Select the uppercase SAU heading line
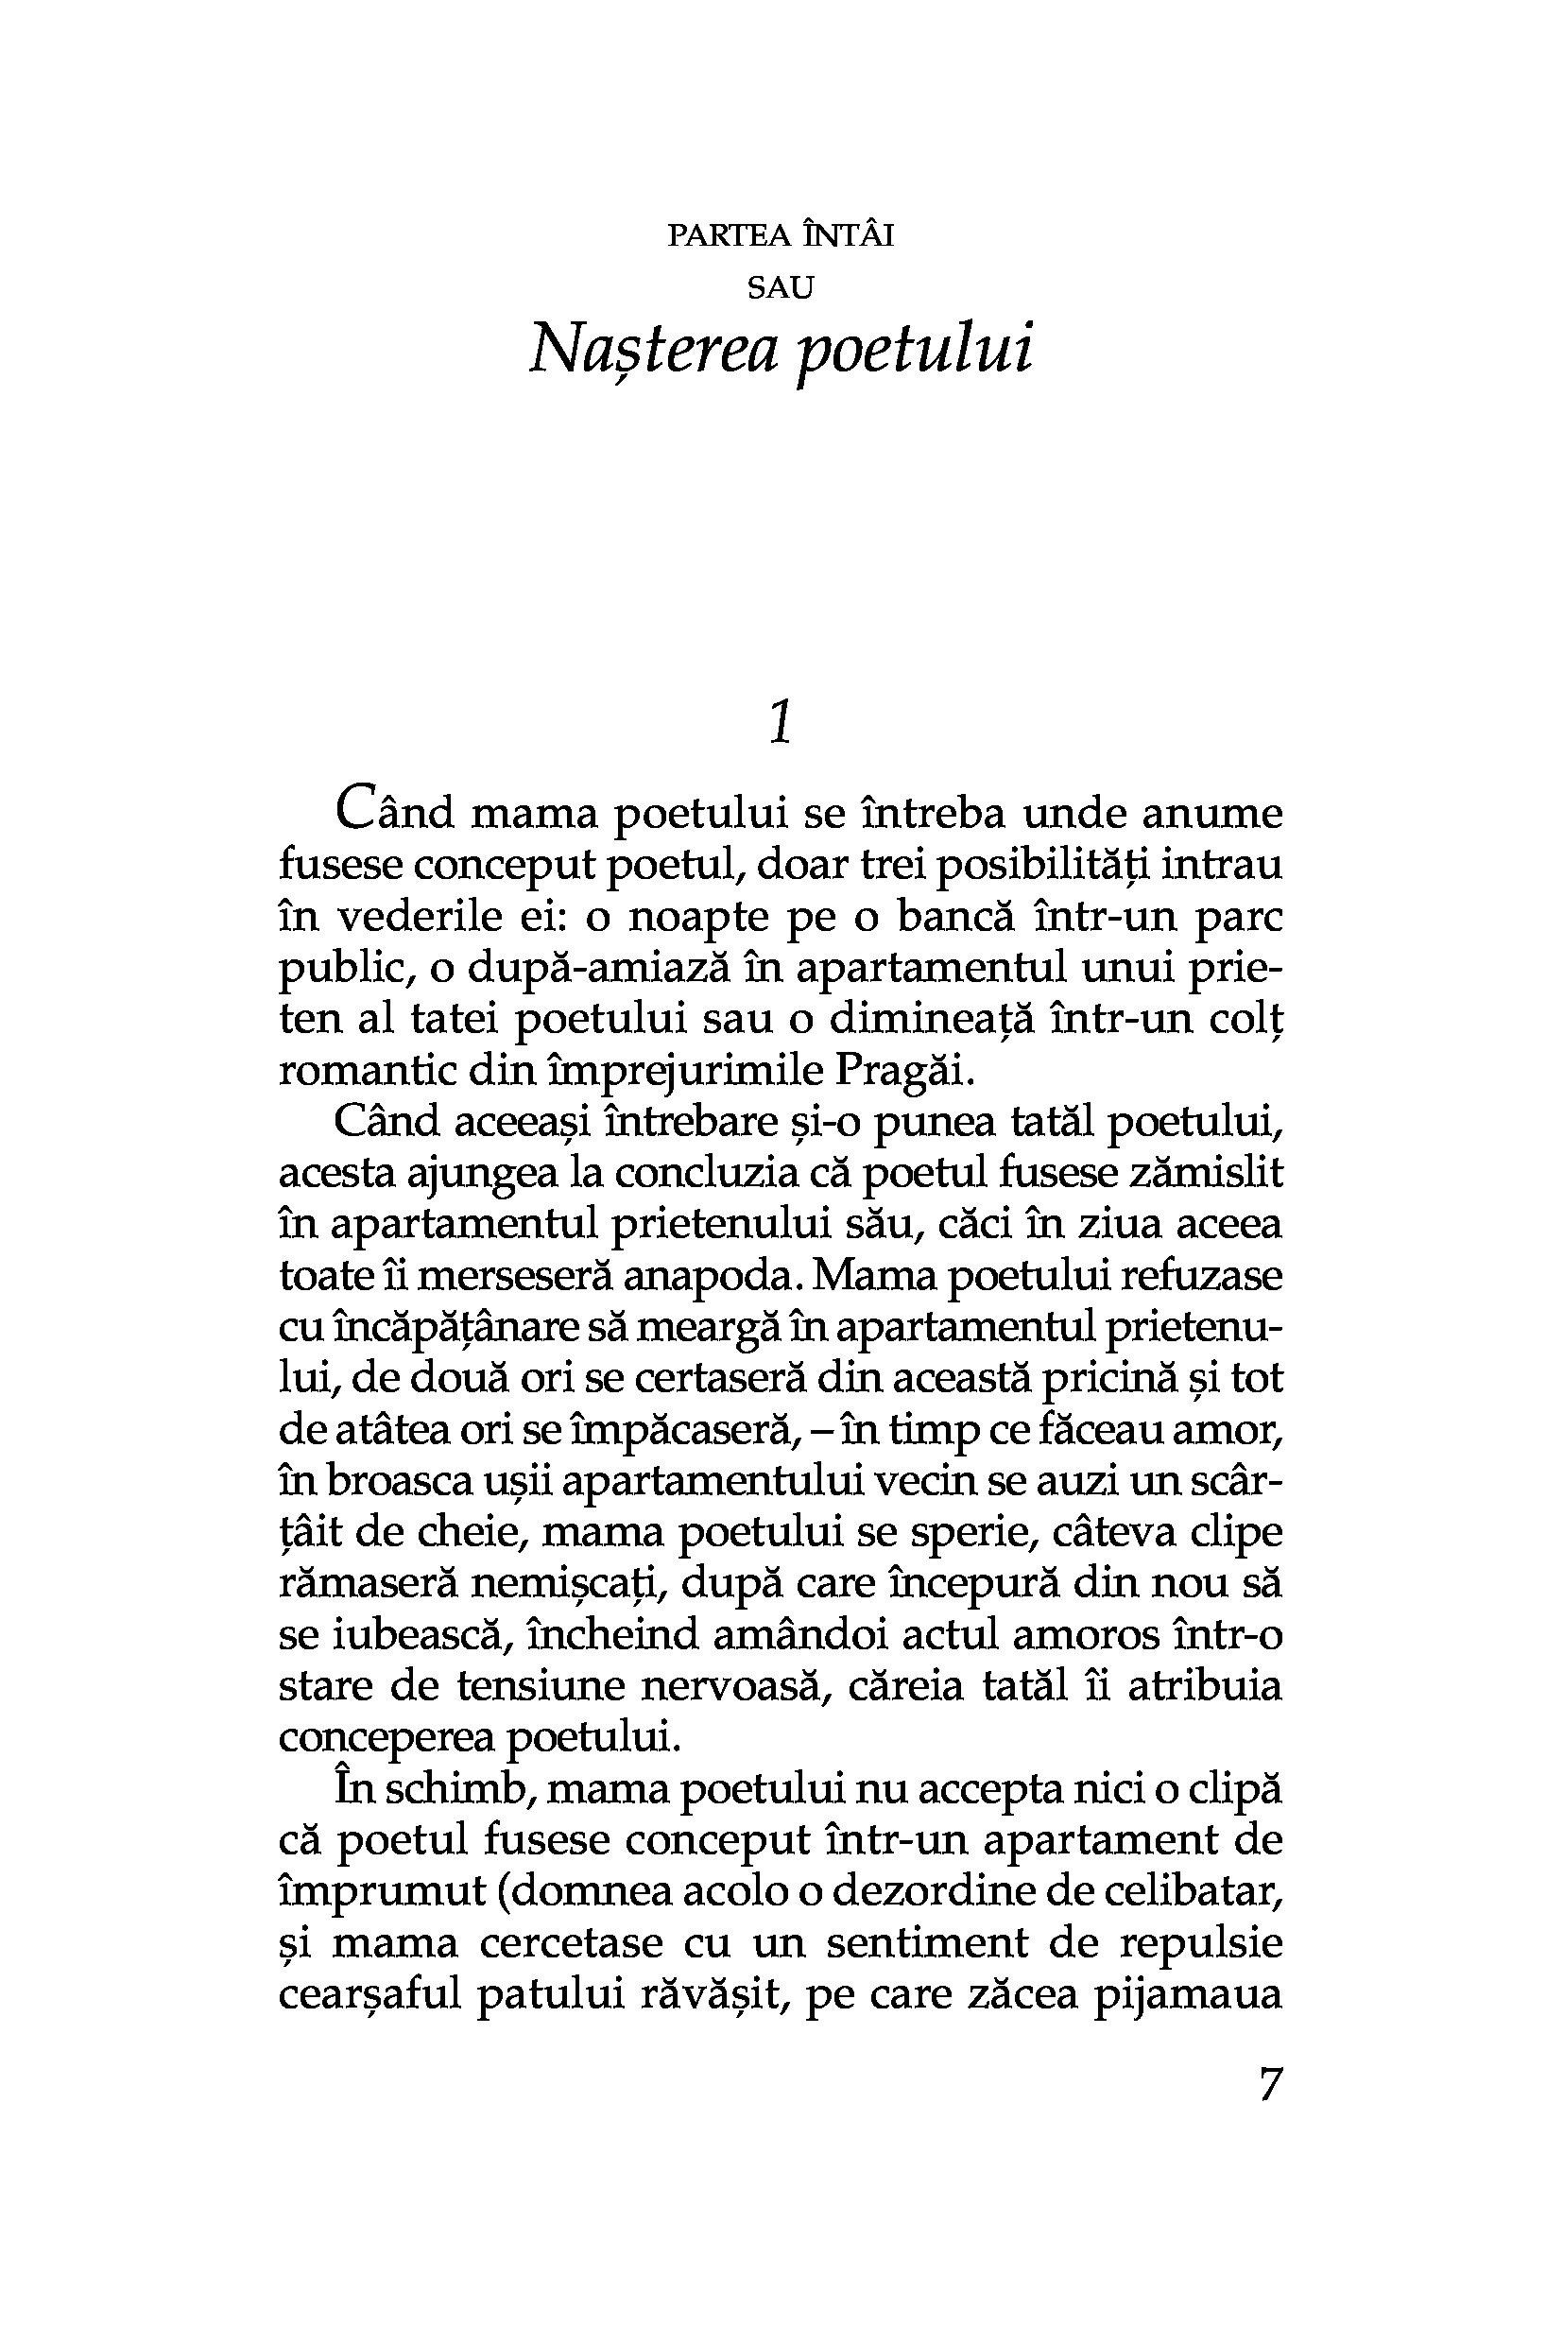pos(781,288)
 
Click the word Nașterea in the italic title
pos(652,350)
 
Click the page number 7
pos(1269,2084)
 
